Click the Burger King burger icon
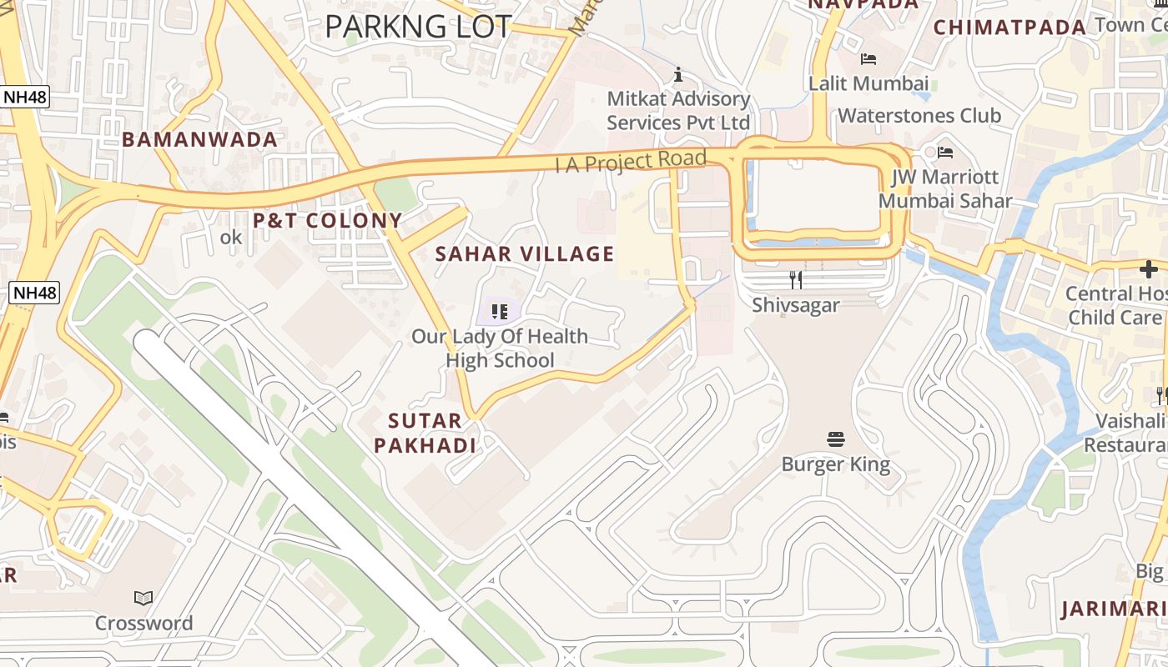[836, 439]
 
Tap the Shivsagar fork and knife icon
[796, 279]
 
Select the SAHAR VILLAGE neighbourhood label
[525, 253]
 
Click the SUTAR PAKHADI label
[425, 433]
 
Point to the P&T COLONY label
[328, 220]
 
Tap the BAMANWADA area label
[199, 139]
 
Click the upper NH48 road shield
[24, 97]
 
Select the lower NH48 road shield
[34, 293]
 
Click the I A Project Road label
[631, 161]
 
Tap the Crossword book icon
[143, 598]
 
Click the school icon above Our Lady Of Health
[500, 312]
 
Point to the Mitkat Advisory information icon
[678, 74]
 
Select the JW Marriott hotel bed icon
[945, 153]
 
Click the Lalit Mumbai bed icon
[868, 59]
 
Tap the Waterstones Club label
[919, 115]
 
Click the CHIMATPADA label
[1009, 28]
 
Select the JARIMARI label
[1113, 609]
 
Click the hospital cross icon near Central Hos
[1149, 268]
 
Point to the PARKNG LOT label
[417, 27]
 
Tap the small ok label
[231, 238]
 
